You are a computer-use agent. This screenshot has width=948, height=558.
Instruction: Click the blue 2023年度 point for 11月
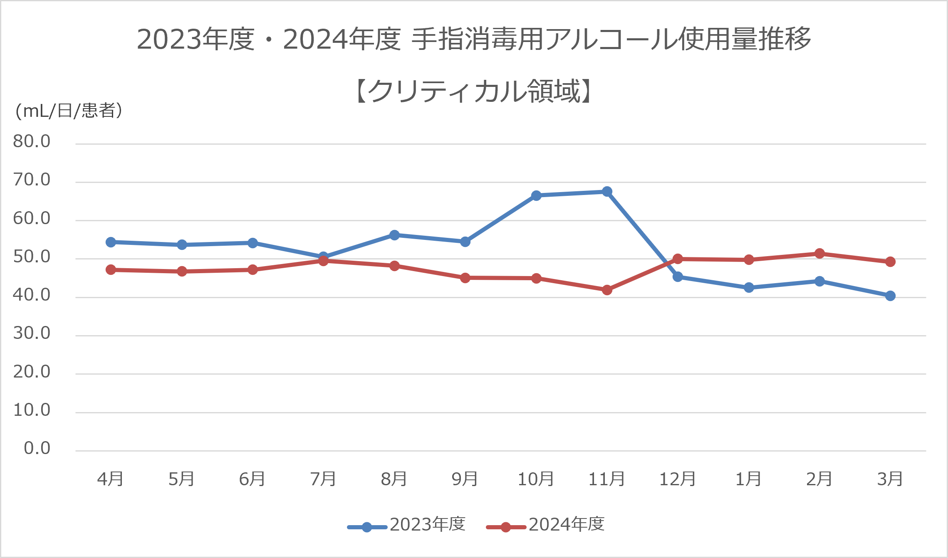[607, 192]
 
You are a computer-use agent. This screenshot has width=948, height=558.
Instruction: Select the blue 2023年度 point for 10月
[536, 195]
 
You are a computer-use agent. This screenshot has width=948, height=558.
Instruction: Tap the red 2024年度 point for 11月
[607, 290]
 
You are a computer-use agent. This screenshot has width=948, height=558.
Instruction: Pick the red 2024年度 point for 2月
[819, 254]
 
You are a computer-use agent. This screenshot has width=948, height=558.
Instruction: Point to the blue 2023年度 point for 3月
[890, 296]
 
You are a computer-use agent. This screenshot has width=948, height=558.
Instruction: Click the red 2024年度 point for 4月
[111, 270]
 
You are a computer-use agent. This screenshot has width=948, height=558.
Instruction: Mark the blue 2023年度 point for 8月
[394, 235]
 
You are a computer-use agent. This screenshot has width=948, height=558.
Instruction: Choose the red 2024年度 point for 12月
[678, 259]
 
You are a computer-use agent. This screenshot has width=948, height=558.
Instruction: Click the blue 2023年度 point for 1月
[749, 287]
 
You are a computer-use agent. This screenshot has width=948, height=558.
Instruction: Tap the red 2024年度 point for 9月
[465, 278]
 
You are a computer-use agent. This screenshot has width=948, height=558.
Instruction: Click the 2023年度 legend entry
[406, 525]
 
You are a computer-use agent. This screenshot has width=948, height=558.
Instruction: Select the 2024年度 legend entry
[545, 525]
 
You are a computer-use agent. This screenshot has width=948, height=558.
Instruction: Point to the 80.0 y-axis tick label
[32, 142]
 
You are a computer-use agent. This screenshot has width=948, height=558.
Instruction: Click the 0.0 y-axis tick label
[37, 448]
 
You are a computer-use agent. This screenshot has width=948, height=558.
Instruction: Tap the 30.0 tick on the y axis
[32, 333]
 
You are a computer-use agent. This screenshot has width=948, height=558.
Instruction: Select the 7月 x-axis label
[323, 479]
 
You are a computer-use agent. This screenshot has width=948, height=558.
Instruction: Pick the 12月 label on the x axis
[678, 479]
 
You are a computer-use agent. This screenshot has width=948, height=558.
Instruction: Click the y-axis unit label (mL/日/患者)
[69, 111]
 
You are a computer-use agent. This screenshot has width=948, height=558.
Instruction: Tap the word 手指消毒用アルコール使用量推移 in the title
[611, 39]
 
